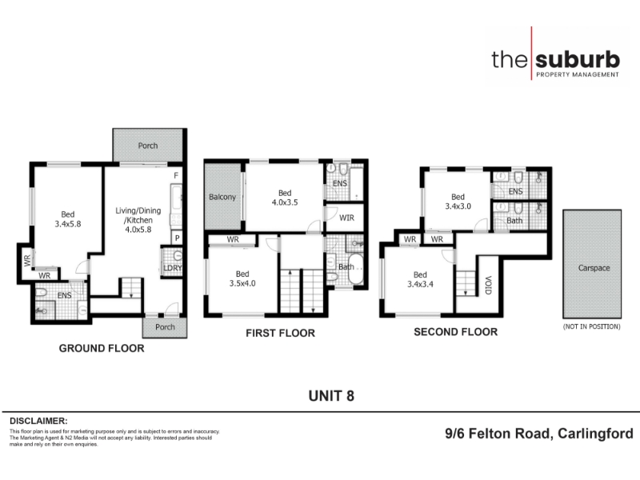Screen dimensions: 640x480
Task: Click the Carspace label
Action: point(594,268)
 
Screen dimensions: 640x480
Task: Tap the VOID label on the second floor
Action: point(488,285)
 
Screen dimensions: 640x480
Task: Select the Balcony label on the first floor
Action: point(222,197)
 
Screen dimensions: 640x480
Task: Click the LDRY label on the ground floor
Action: point(173,268)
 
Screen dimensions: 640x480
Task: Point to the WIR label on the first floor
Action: point(346,218)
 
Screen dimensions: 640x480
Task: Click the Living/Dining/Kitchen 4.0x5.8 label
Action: point(138,220)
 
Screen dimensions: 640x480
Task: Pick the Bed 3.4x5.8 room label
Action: point(68,219)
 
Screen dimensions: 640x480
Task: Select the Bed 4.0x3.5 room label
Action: point(285,198)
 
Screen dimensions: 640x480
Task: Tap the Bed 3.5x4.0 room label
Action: point(242,278)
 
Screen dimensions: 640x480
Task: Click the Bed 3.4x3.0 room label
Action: point(458,202)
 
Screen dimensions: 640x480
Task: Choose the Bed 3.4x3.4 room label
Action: point(420,279)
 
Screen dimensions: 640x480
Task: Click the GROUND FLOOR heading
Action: point(102,348)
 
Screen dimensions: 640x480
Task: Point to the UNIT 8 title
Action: point(331,396)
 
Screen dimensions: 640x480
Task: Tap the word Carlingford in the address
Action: point(595,434)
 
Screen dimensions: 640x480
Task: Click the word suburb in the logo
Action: point(577,59)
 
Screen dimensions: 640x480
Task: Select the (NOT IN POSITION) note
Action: point(592,326)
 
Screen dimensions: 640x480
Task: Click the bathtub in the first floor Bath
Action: point(355,269)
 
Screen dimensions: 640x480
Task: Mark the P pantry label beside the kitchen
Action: point(177,238)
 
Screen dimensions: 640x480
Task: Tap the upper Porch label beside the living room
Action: point(148,146)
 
